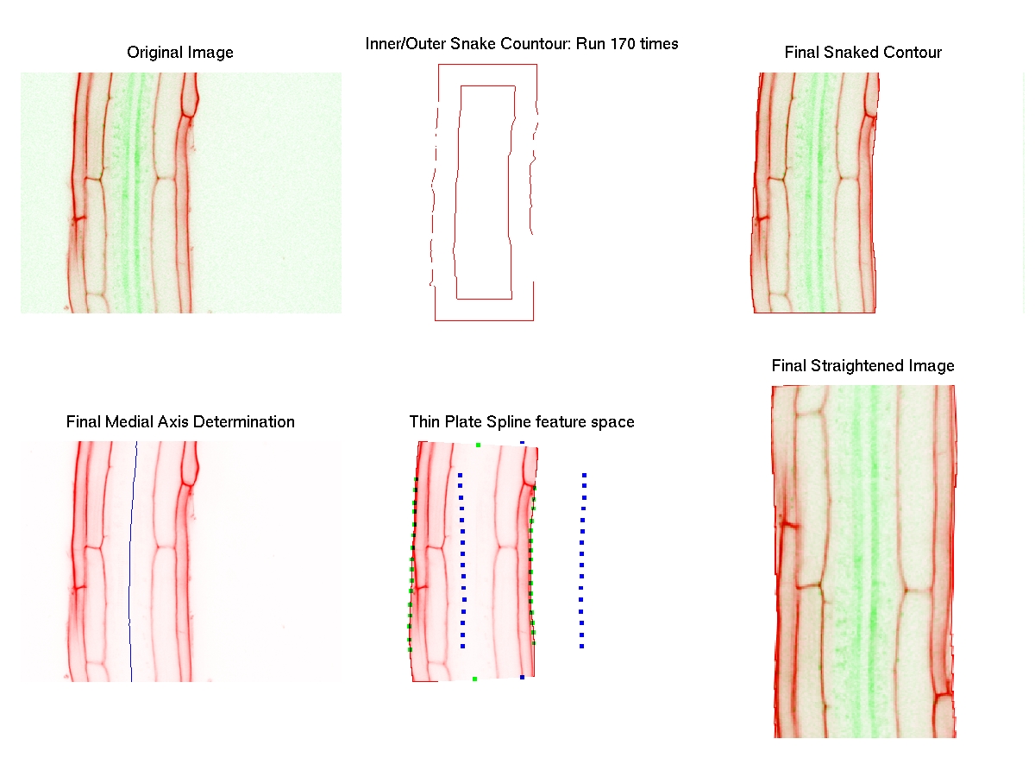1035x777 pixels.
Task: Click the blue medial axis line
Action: [x=131, y=561]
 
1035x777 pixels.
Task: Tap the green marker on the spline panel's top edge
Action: [x=478, y=445]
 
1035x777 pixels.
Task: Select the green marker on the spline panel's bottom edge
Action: [x=474, y=679]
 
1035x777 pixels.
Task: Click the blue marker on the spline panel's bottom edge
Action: [x=522, y=678]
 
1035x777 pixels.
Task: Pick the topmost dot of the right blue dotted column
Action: [x=584, y=475]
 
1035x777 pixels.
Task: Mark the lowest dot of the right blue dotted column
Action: [x=582, y=647]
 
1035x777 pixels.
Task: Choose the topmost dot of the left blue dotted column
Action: [x=461, y=475]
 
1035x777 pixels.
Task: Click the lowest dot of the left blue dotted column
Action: [x=463, y=647]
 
